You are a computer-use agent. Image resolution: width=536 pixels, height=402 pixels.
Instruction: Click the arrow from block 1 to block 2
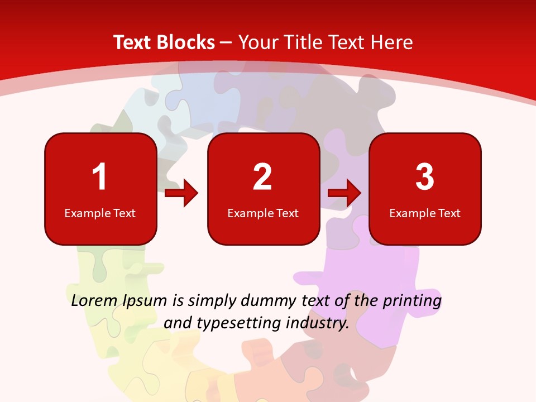(181, 193)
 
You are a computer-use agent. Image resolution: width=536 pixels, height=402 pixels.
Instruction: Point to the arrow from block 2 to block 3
(344, 193)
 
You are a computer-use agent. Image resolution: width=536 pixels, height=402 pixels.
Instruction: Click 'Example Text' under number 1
(100, 213)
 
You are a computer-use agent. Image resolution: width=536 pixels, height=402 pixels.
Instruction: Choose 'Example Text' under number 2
(263, 213)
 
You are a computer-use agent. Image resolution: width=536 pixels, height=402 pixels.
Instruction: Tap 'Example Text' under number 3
(425, 213)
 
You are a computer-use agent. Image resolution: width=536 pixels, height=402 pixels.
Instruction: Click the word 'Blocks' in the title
(186, 42)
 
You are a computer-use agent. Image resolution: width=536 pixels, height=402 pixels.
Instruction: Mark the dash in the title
(226, 42)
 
